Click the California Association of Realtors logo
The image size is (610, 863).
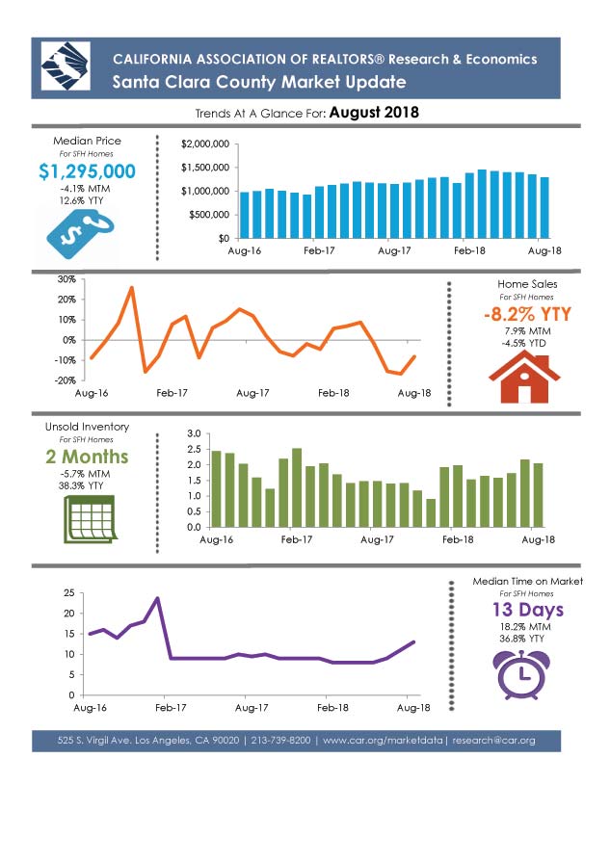tap(66, 66)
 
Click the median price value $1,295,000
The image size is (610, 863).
tap(87, 171)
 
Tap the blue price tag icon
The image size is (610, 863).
tap(80, 234)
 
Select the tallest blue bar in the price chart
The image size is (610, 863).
tap(482, 203)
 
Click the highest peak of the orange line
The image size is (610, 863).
tap(132, 287)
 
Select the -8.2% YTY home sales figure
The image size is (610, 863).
tap(527, 314)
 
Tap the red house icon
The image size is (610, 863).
tap(524, 379)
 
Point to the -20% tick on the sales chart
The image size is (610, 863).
tap(66, 380)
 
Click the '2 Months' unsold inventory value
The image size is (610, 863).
tap(87, 457)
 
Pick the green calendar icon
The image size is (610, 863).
tap(90, 519)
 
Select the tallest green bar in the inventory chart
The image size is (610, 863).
tap(297, 487)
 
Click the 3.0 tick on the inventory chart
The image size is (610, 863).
tap(194, 433)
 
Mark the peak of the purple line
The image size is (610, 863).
tap(157, 598)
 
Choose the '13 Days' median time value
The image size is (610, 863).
tap(528, 610)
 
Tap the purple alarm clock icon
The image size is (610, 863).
tap(520, 675)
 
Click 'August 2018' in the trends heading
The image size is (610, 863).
tap(374, 113)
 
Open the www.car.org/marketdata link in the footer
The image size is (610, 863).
tap(382, 741)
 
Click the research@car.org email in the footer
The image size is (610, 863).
tap(493, 741)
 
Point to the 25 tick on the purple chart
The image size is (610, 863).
tap(68, 592)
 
